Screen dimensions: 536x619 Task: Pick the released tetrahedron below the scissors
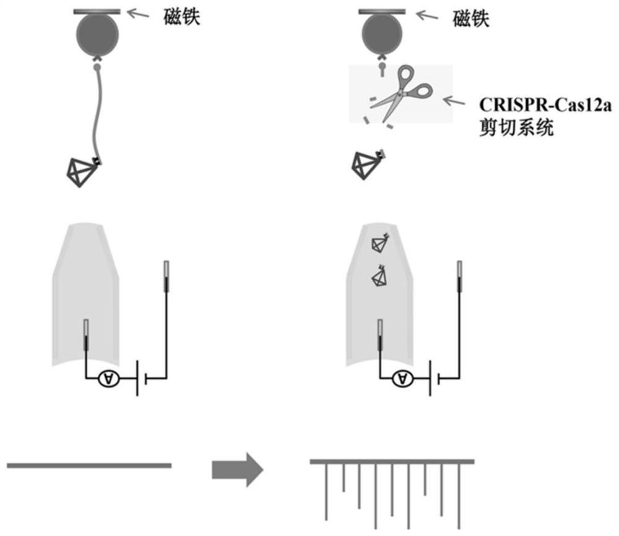point(366,164)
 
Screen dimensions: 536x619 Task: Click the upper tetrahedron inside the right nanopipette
point(379,243)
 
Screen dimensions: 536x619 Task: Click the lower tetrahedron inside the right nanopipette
point(379,276)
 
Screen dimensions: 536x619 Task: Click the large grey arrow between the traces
point(238,469)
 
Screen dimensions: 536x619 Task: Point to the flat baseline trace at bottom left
point(89,465)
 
